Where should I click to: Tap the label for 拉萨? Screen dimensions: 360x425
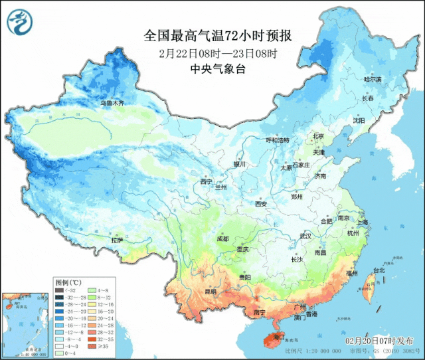tap(117, 240)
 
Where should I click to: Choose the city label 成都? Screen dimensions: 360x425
tap(222, 238)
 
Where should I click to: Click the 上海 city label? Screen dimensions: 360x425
tap(362, 222)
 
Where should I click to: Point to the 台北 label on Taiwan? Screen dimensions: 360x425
tap(378, 270)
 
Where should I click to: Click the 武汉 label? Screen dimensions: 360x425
tap(305, 236)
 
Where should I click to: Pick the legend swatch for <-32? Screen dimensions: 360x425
tap(59, 290)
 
